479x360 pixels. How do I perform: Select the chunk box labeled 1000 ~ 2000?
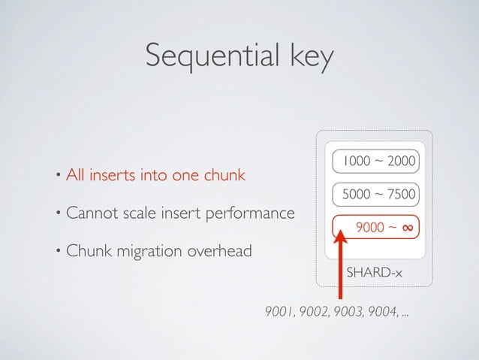(376, 161)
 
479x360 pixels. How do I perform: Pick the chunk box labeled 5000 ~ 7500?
(376, 194)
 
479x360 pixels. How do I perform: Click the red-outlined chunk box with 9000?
(376, 226)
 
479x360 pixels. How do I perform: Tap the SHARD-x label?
(373, 271)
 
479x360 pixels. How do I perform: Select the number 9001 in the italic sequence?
(279, 312)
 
